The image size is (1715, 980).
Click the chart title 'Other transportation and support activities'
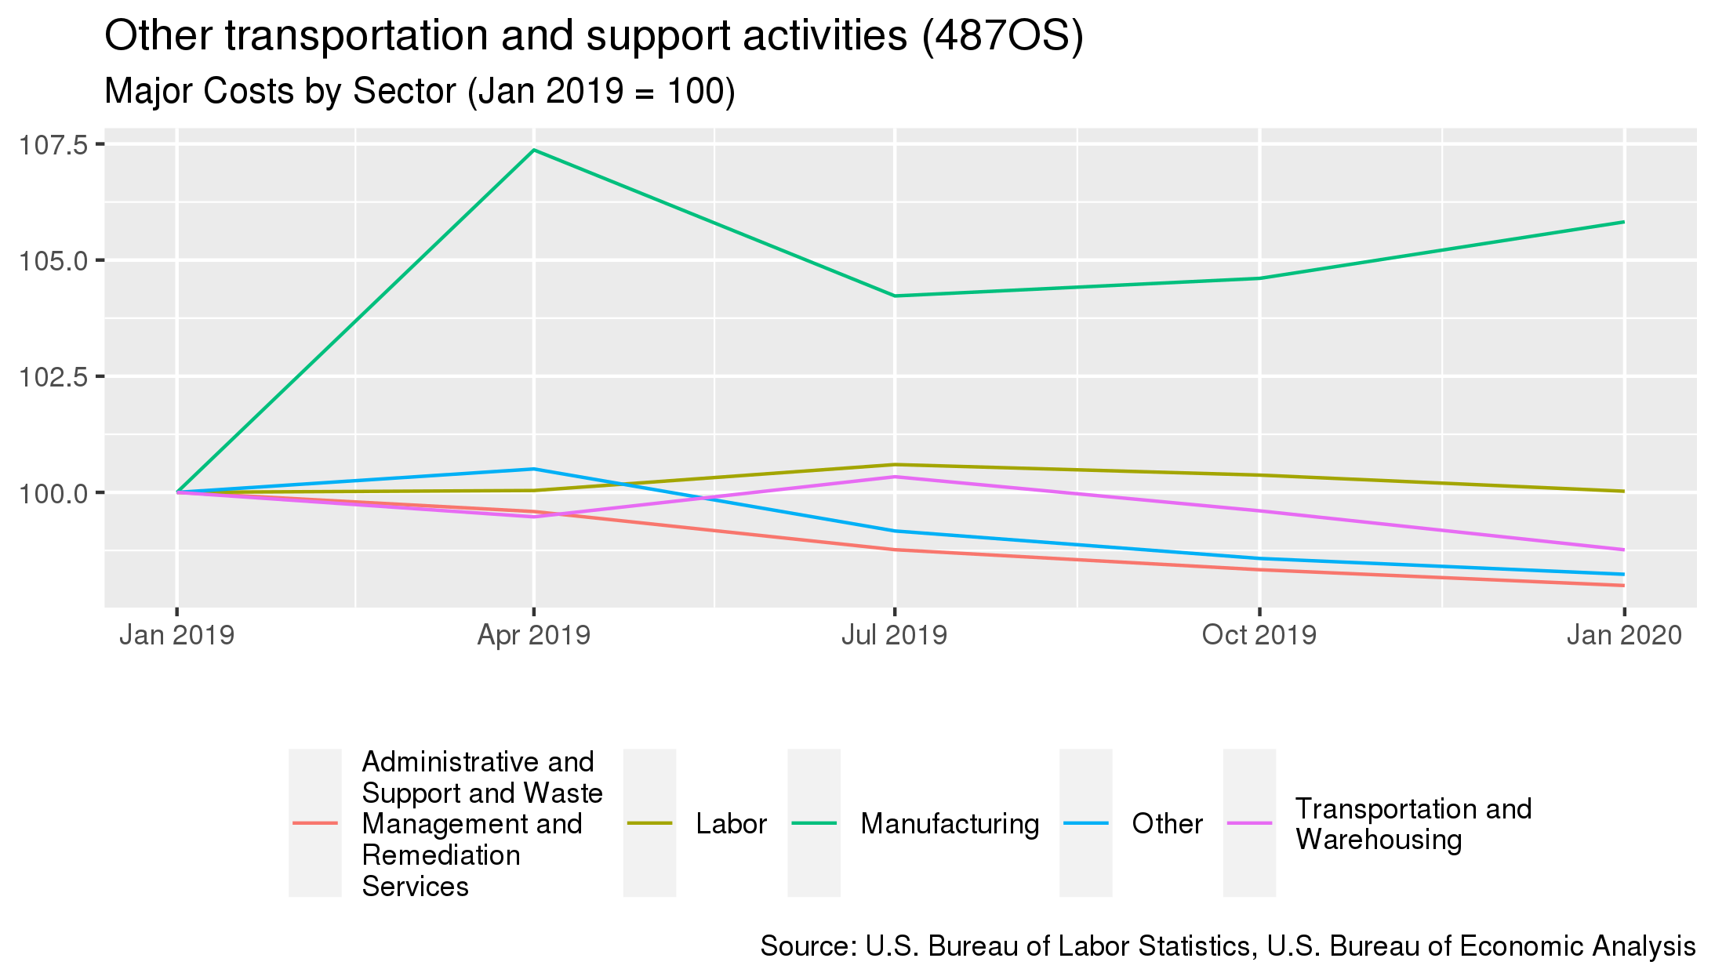pyautogui.click(x=594, y=36)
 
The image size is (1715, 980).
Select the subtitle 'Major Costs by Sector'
pyautogui.click(x=420, y=91)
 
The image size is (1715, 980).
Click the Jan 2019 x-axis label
pyautogui.click(x=176, y=635)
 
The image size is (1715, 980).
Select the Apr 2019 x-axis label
pyautogui.click(x=534, y=635)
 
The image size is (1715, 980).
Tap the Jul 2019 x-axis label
pyautogui.click(x=894, y=635)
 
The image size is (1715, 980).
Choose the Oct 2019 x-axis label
pyautogui.click(x=1259, y=635)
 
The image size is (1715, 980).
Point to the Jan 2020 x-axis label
pyautogui.click(x=1624, y=635)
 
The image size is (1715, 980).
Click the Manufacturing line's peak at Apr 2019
pyautogui.click(x=534, y=150)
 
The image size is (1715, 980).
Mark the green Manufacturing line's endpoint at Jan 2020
pyautogui.click(x=1624, y=222)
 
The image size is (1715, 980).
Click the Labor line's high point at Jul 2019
pyautogui.click(x=894, y=464)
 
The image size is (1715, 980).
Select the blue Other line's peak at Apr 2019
pyautogui.click(x=534, y=469)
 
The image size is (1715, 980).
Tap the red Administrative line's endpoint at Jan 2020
pyautogui.click(x=1624, y=586)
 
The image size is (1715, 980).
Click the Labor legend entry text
pyautogui.click(x=731, y=824)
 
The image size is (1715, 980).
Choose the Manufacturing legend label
pyautogui.click(x=950, y=824)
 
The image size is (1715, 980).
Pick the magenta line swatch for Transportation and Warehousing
pyautogui.click(x=1249, y=823)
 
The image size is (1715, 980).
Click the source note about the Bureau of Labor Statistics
pyautogui.click(x=1227, y=946)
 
